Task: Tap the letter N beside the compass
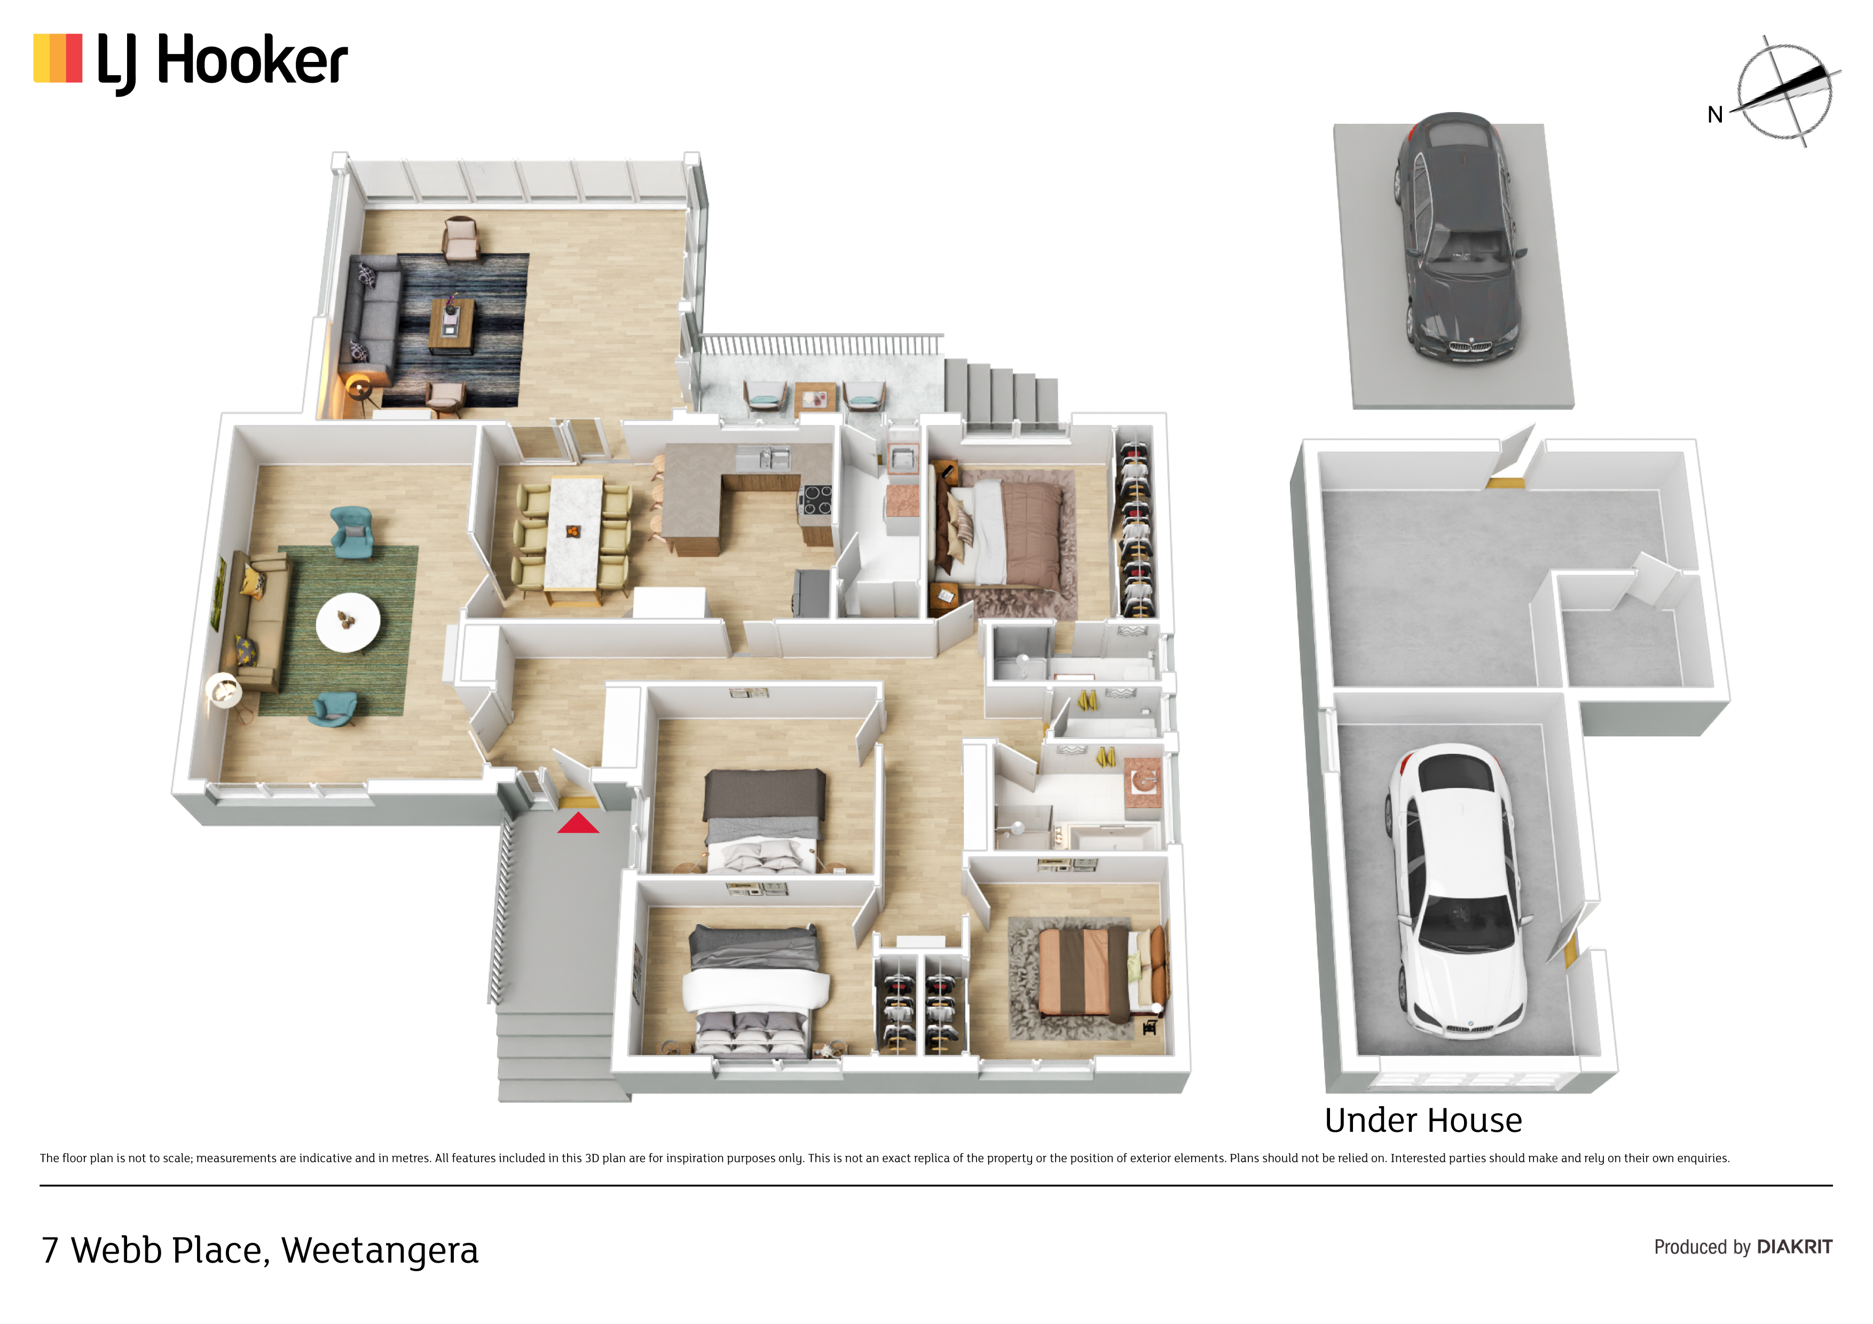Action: [1715, 115]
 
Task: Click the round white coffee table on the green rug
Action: [348, 621]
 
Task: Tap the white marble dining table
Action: [575, 533]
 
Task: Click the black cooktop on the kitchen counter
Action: [816, 499]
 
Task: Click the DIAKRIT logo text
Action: [1795, 1247]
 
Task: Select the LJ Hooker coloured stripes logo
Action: [58, 58]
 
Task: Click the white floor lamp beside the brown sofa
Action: [224, 692]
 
